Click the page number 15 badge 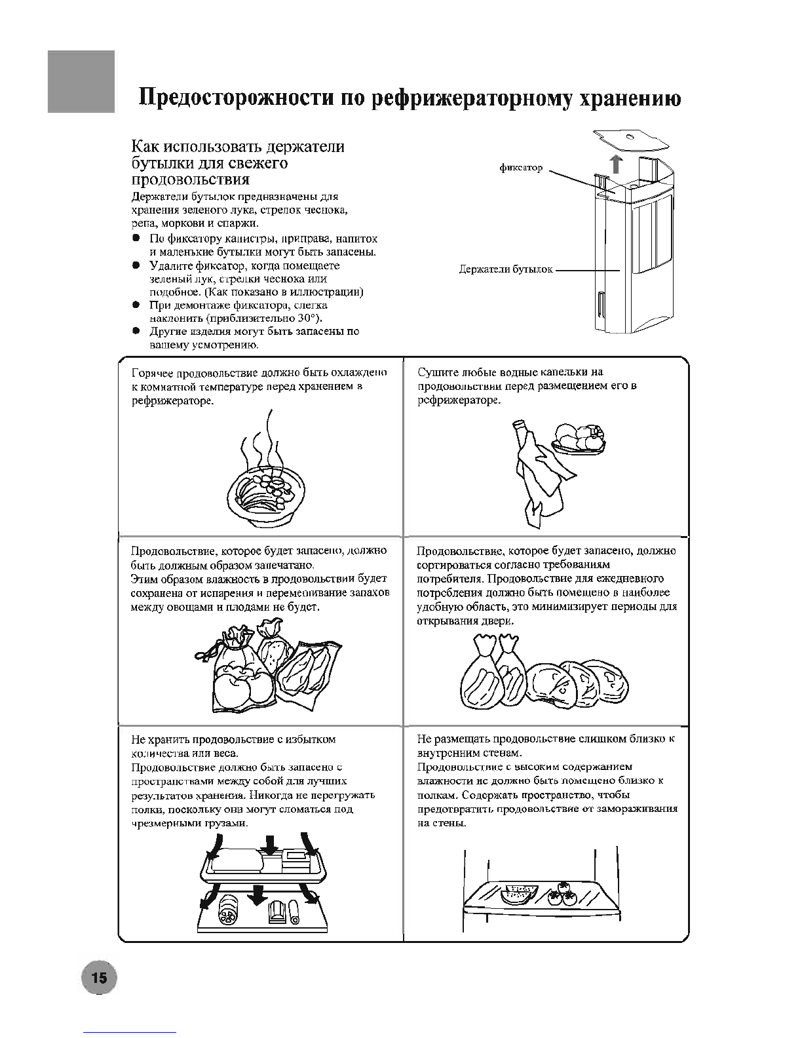pos(98,978)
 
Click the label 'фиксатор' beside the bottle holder pos(522,168)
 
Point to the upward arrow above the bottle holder pos(615,163)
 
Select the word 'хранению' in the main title pos(628,99)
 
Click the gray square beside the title pos(81,81)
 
